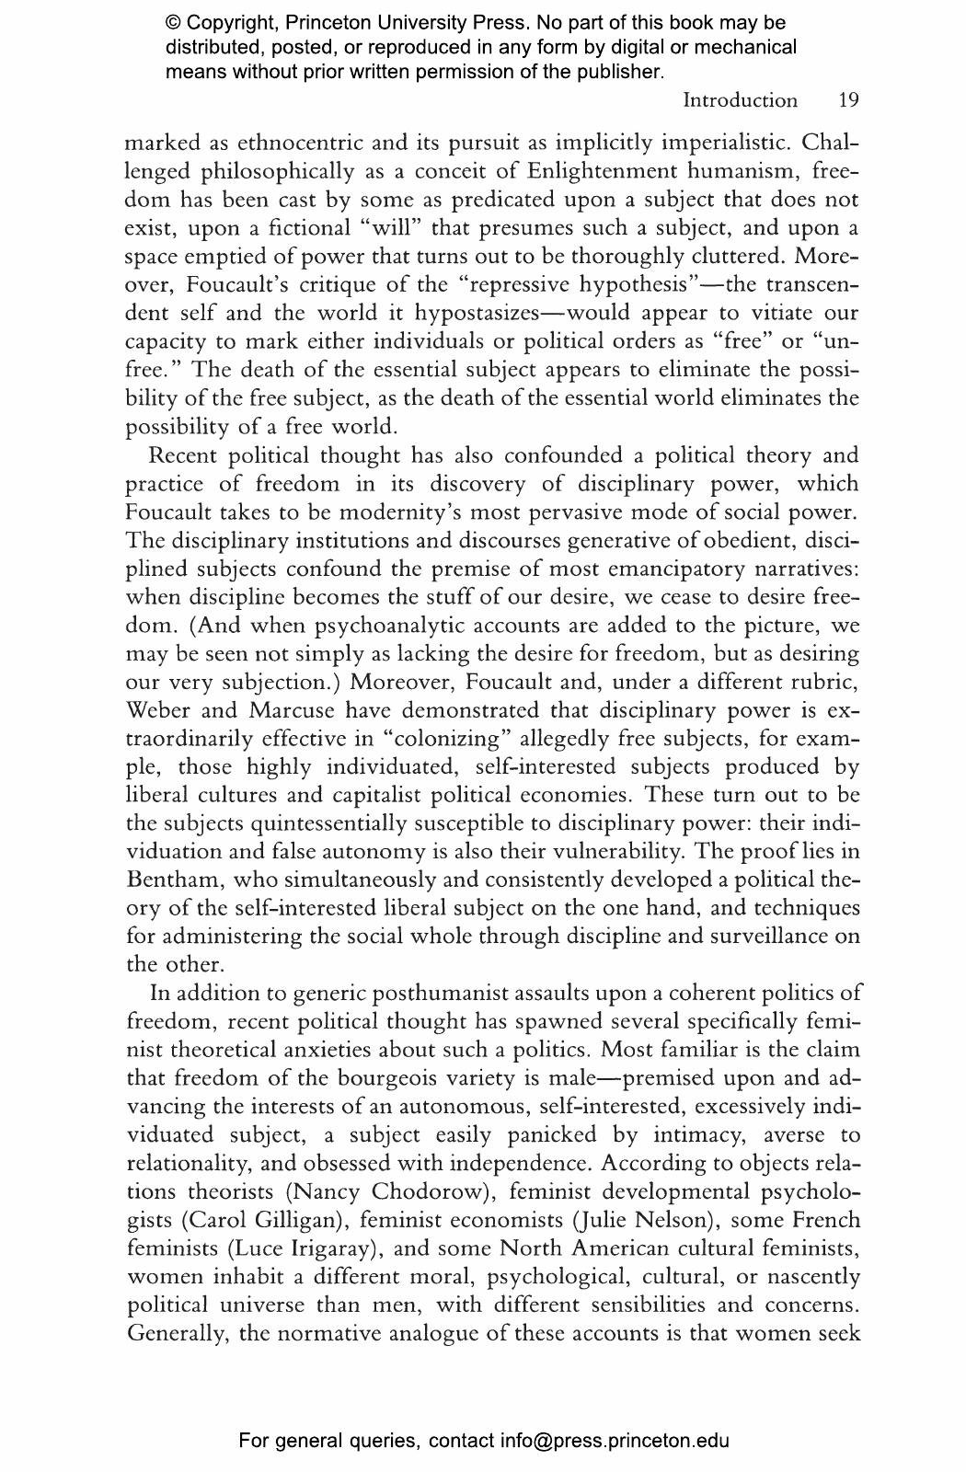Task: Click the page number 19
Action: pyautogui.click(x=848, y=100)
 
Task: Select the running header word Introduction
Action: pyautogui.click(x=740, y=100)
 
